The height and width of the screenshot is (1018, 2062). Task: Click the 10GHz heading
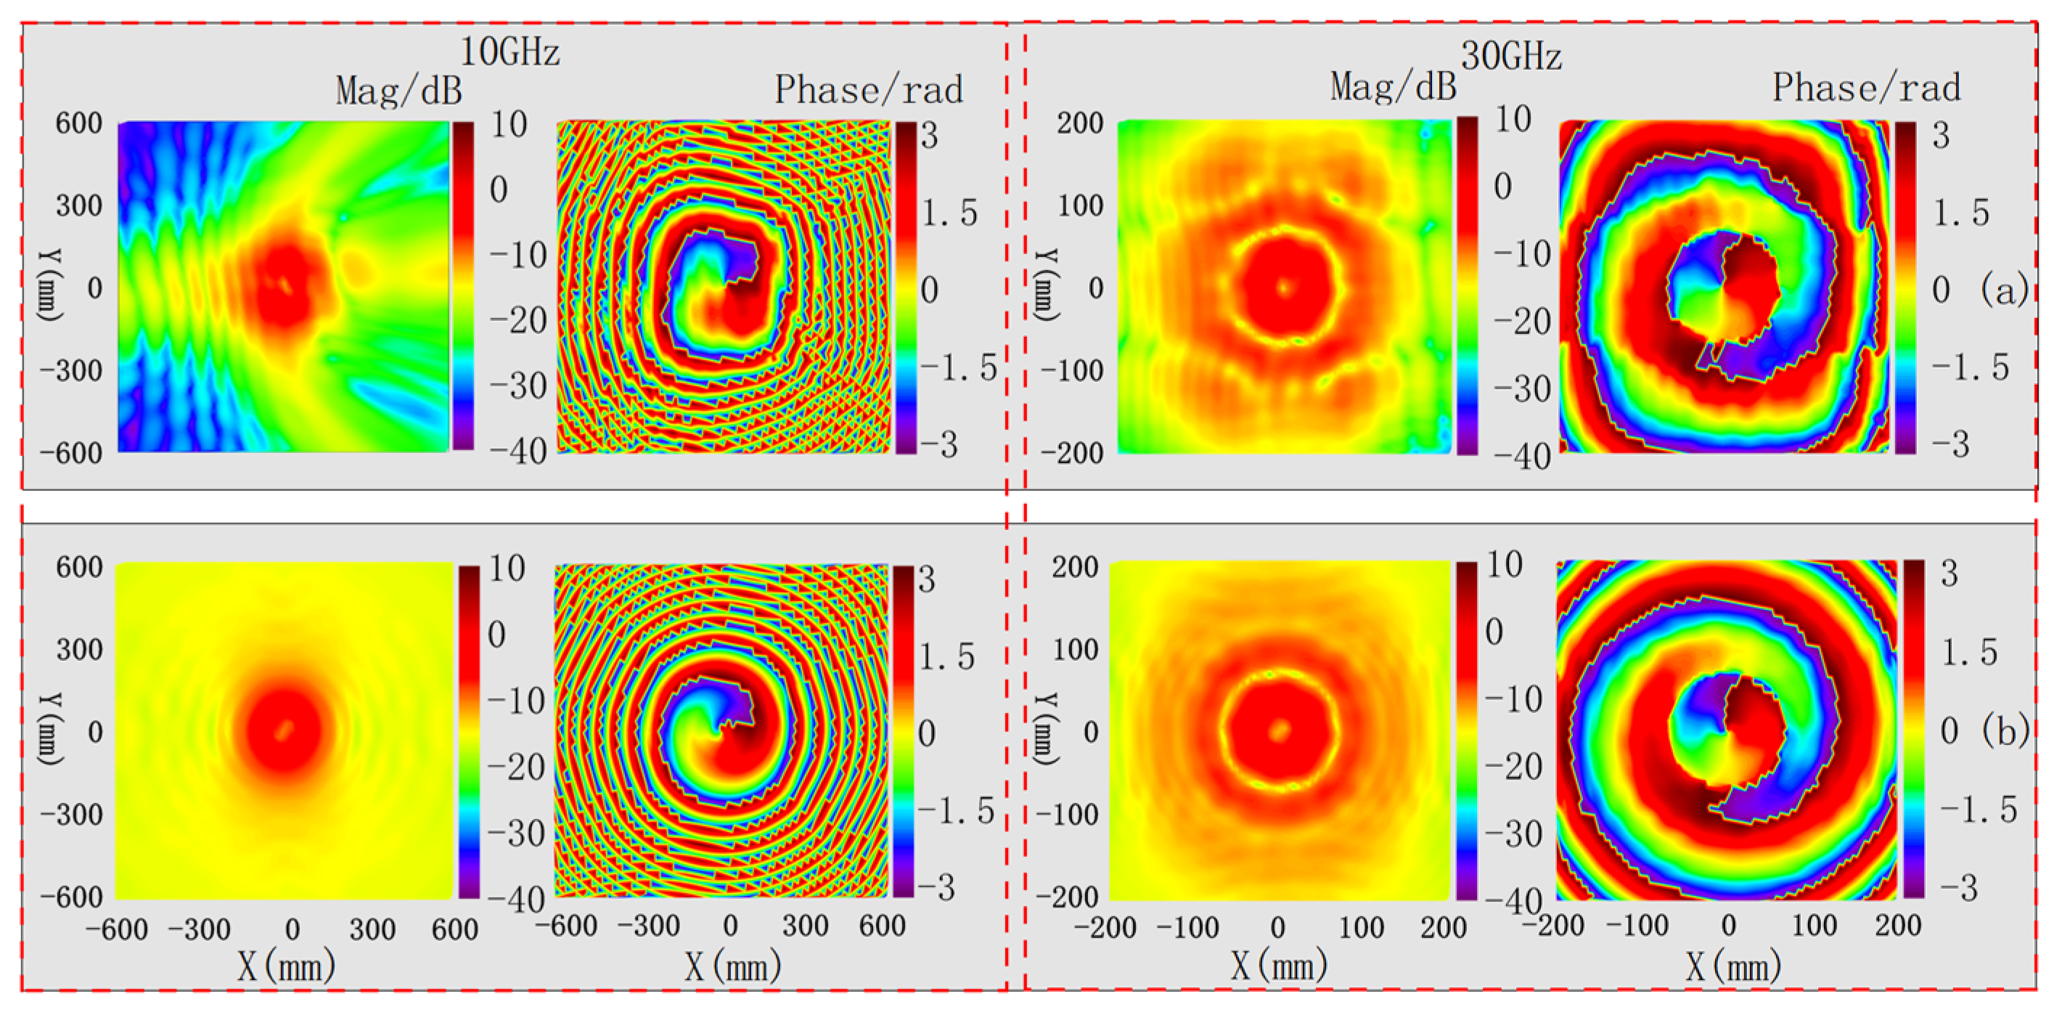pos(509,52)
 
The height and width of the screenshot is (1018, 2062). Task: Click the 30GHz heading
pos(1510,56)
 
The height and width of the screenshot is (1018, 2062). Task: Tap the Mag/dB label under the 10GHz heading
pos(398,91)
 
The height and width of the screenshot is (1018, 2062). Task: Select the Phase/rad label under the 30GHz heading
pos(1866,87)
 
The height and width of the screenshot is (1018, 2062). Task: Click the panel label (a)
pos(2005,289)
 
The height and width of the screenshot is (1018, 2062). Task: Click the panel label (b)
pos(2005,730)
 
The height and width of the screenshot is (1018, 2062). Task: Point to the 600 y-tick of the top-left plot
pos(78,123)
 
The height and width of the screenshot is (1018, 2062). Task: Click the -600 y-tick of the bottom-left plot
pos(72,896)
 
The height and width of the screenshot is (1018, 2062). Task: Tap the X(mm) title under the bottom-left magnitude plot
pos(286,966)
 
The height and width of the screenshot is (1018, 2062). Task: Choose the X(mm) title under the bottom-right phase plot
pos(1734,966)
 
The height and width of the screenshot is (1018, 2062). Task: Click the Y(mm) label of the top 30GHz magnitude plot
pos(1044,286)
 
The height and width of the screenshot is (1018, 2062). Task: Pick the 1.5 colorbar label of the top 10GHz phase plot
pos(949,213)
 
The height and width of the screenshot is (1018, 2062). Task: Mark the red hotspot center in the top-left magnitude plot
pos(285,285)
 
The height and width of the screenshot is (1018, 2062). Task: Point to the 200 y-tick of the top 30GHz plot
pos(1080,123)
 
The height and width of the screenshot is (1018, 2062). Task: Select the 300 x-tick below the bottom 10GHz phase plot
pos(805,926)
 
